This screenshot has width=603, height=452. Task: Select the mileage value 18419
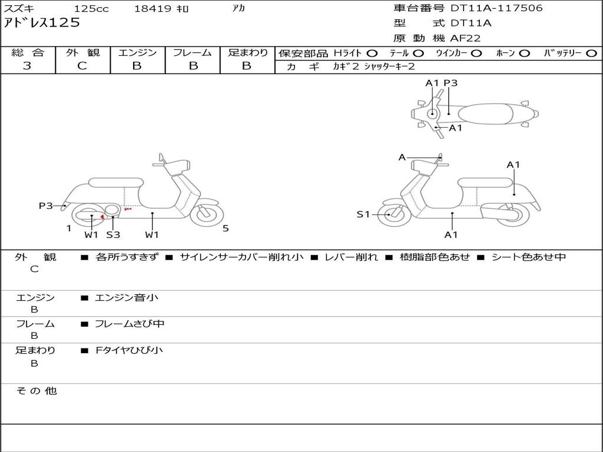[x=153, y=9]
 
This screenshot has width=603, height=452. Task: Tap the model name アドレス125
[x=41, y=23]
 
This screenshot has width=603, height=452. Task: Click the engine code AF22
[x=465, y=38]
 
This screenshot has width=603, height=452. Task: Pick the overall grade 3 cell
[x=27, y=66]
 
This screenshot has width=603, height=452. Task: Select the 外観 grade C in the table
[x=82, y=66]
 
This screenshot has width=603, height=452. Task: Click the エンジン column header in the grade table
[x=137, y=52]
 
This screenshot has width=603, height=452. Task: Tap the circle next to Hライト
[x=372, y=53]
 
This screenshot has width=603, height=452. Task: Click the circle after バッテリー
[x=592, y=53]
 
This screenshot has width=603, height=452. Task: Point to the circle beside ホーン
[x=524, y=53]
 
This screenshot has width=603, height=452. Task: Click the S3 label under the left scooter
[x=113, y=235]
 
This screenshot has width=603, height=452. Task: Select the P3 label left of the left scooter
[x=46, y=206]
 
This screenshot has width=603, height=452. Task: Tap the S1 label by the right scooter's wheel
[x=363, y=214]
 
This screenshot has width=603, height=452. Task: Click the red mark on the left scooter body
[x=127, y=209]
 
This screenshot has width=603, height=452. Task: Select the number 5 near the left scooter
[x=226, y=228]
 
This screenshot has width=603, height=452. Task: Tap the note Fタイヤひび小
[x=129, y=350]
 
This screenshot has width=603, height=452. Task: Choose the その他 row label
[x=36, y=391]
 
